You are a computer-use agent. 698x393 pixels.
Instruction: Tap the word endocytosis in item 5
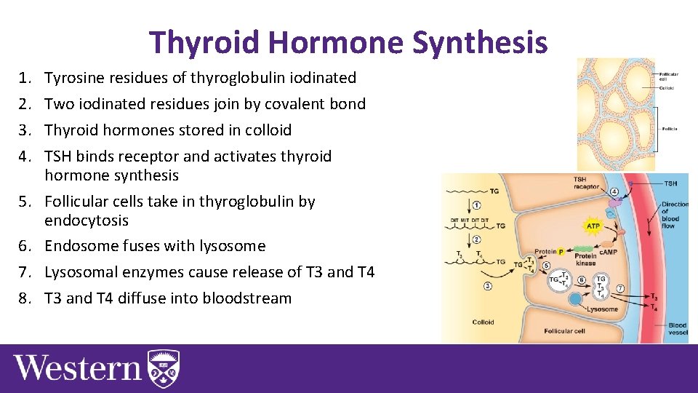86,221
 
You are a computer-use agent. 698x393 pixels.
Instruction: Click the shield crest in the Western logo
164,368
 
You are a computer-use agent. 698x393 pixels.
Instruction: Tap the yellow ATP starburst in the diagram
592,227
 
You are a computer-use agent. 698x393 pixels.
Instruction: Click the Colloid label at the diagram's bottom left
483,321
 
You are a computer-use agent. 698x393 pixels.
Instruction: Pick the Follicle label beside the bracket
669,128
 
